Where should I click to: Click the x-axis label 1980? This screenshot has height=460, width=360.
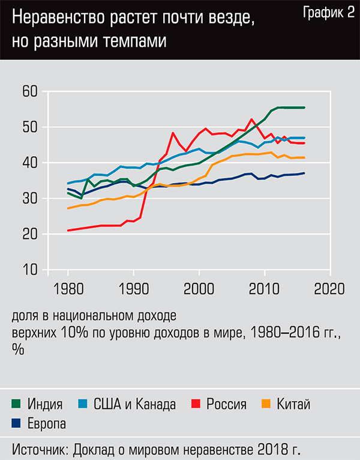(68, 288)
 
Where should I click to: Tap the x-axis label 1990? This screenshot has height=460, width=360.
(133, 288)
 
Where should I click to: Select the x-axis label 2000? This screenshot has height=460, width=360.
(199, 288)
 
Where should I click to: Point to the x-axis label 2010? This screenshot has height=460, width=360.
(264, 288)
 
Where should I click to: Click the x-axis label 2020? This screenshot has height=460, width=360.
(329, 288)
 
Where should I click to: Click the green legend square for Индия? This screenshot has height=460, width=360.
(16, 404)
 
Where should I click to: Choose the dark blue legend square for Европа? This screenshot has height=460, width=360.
(16, 423)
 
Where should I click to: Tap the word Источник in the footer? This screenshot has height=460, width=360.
(40, 449)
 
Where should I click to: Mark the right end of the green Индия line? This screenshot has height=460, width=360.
(304, 107)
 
